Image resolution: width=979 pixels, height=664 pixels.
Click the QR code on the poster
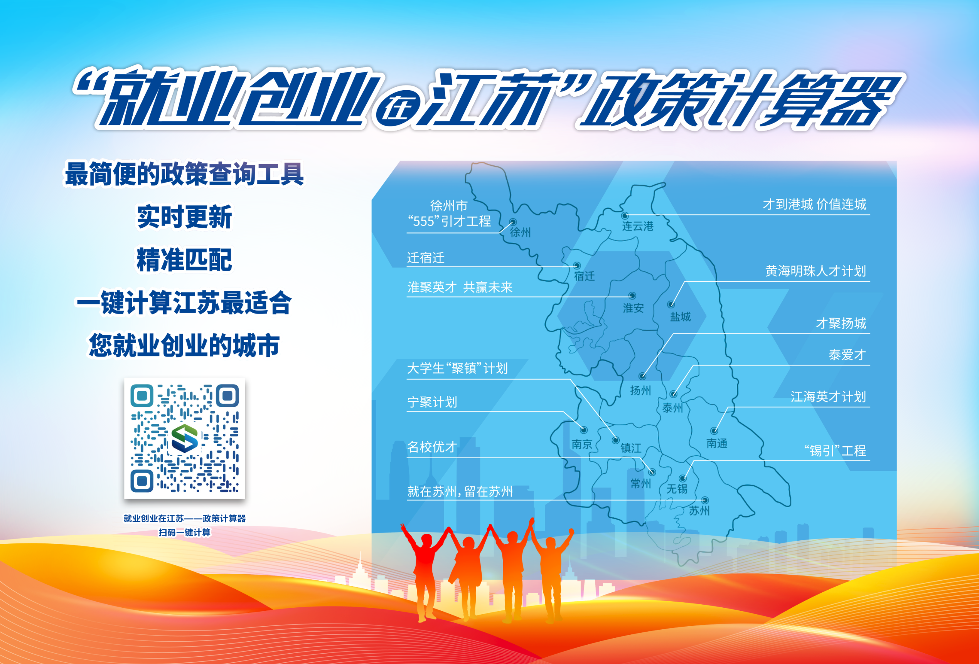tap(185, 438)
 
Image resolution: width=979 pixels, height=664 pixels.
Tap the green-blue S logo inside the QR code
tap(185, 438)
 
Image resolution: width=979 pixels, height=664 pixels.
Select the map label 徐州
tap(520, 232)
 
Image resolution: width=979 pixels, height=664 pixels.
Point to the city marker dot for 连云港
tap(625, 215)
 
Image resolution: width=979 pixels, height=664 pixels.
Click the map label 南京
tap(582, 444)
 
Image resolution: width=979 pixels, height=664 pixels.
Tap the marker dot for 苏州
tap(704, 500)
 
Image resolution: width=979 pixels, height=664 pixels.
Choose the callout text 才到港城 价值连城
tap(814, 204)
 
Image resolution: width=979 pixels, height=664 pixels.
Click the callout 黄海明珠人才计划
tap(816, 271)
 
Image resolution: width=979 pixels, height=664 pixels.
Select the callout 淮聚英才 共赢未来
tap(460, 287)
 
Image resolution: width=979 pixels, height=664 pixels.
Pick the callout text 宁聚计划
tap(432, 402)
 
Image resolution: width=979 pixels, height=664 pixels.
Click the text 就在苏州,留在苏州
tap(460, 491)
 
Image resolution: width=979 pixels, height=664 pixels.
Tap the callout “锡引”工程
tap(835, 451)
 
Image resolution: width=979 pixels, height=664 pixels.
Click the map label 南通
tap(716, 443)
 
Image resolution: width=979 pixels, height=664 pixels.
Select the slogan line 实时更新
tap(185, 217)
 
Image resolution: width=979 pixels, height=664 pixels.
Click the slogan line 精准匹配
tap(185, 260)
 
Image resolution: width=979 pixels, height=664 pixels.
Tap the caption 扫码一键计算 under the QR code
tap(185, 533)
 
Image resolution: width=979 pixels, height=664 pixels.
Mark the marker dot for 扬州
tap(642, 376)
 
